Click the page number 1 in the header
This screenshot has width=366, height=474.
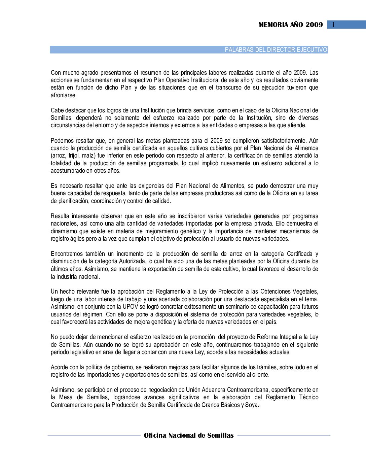pyautogui.click(x=333, y=25)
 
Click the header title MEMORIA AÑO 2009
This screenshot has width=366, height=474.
pyautogui.click(x=291, y=25)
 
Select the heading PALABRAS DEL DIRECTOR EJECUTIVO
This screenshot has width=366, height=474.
pyautogui.click(x=276, y=50)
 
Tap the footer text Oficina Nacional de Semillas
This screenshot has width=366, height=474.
pyautogui.click(x=189, y=435)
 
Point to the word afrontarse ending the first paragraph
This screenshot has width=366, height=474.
pyautogui.click(x=64, y=95)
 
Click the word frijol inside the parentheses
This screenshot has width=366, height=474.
pyautogui.click(x=74, y=156)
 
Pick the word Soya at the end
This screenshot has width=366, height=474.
pyautogui.click(x=251, y=405)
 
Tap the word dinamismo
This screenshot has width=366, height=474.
pyautogui.click(x=64, y=231)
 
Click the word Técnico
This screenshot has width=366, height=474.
pyautogui.click(x=308, y=397)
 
